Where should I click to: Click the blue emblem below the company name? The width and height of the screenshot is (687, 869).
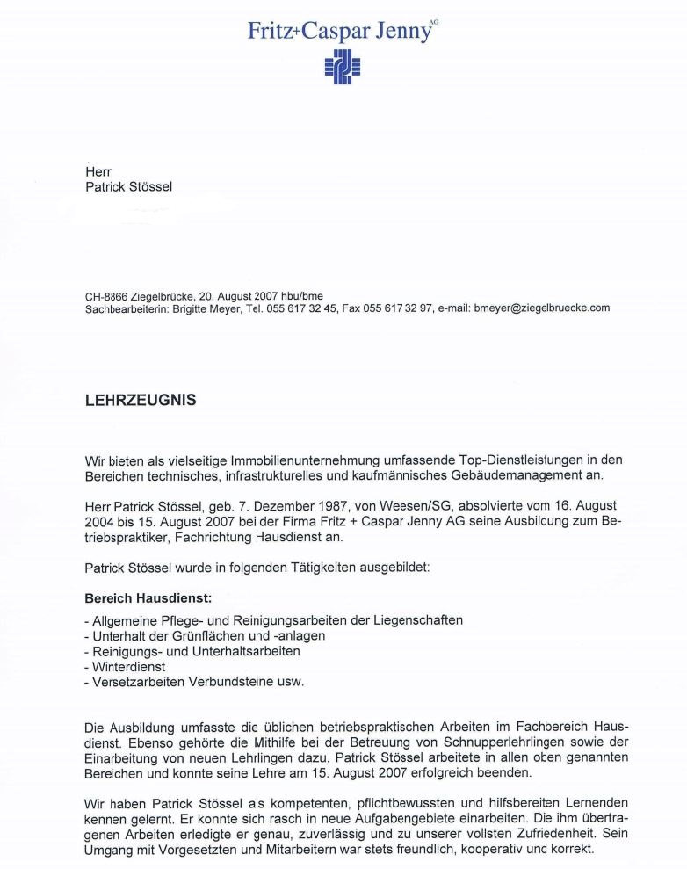(x=343, y=67)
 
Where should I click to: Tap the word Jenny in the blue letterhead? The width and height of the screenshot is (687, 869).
(x=401, y=31)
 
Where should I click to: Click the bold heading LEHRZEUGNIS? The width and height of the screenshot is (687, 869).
(x=140, y=400)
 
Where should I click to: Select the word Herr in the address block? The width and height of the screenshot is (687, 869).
(x=98, y=172)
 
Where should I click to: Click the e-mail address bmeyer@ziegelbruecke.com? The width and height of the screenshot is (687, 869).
(x=541, y=308)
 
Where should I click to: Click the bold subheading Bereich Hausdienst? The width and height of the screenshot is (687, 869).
(x=148, y=598)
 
